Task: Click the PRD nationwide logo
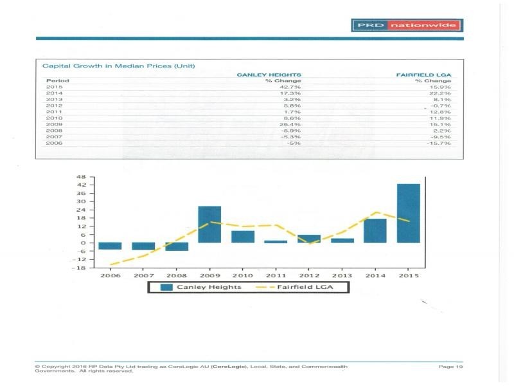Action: point(407,26)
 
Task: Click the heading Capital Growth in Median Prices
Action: point(118,66)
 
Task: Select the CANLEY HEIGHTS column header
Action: point(269,75)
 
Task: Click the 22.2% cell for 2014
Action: point(441,94)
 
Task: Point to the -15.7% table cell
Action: point(439,143)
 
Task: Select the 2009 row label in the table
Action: point(54,124)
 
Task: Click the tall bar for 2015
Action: point(409,213)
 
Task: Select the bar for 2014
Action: point(375,230)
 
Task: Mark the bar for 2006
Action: point(110,246)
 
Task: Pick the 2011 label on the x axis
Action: point(276,275)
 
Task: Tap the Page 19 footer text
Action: point(451,367)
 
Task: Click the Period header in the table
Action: point(58,81)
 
